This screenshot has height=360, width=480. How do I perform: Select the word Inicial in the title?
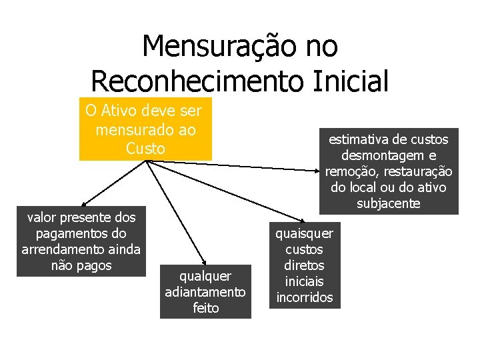[x=355, y=81]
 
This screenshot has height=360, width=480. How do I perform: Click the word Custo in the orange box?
[x=145, y=149]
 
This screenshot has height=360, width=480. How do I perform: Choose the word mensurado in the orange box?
[x=129, y=129]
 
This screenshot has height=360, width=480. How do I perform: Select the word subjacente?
[x=389, y=203]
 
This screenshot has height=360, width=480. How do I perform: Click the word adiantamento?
[x=205, y=292]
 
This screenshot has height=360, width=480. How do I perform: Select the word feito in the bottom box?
[x=205, y=308]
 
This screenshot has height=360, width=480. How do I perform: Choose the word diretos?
[x=304, y=265]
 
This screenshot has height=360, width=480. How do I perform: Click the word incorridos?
[x=304, y=297]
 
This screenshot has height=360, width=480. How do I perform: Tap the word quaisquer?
[x=304, y=233]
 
